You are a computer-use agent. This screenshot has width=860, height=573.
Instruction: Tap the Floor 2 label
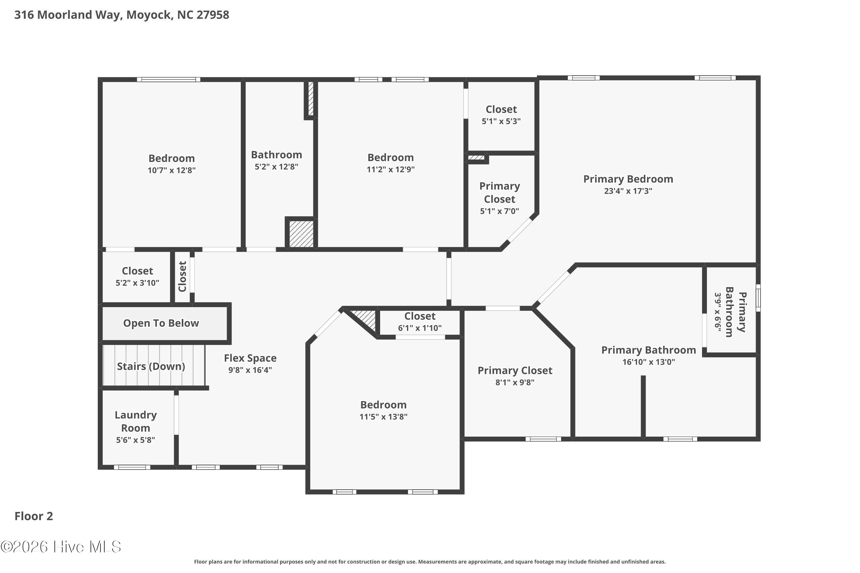tap(34, 516)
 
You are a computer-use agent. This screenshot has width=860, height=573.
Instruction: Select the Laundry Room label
tap(136, 421)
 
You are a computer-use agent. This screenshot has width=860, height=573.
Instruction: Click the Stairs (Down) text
tap(151, 366)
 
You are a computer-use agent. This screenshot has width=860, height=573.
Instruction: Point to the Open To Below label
tap(161, 323)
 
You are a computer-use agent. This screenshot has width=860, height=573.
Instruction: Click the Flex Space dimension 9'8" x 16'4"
tap(250, 370)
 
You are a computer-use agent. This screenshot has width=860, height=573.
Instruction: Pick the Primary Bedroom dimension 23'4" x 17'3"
tap(628, 191)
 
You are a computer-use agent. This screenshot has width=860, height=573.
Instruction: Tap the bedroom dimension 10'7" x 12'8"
tap(171, 170)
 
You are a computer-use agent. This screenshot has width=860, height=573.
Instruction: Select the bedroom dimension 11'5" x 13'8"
tap(383, 417)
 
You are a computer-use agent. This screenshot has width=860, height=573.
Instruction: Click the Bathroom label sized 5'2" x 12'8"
tap(276, 155)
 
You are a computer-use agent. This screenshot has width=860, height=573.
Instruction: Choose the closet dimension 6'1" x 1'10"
tap(420, 328)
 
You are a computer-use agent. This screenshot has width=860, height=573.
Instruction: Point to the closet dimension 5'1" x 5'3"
tap(501, 121)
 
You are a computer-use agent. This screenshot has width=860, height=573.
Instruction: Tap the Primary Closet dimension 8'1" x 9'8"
tap(515, 382)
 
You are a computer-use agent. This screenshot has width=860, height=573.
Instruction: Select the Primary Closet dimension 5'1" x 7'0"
tap(499, 211)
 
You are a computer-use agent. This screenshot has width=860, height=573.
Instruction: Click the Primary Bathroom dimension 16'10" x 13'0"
tap(649, 362)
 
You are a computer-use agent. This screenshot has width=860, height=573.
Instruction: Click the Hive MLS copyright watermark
tap(61, 547)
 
